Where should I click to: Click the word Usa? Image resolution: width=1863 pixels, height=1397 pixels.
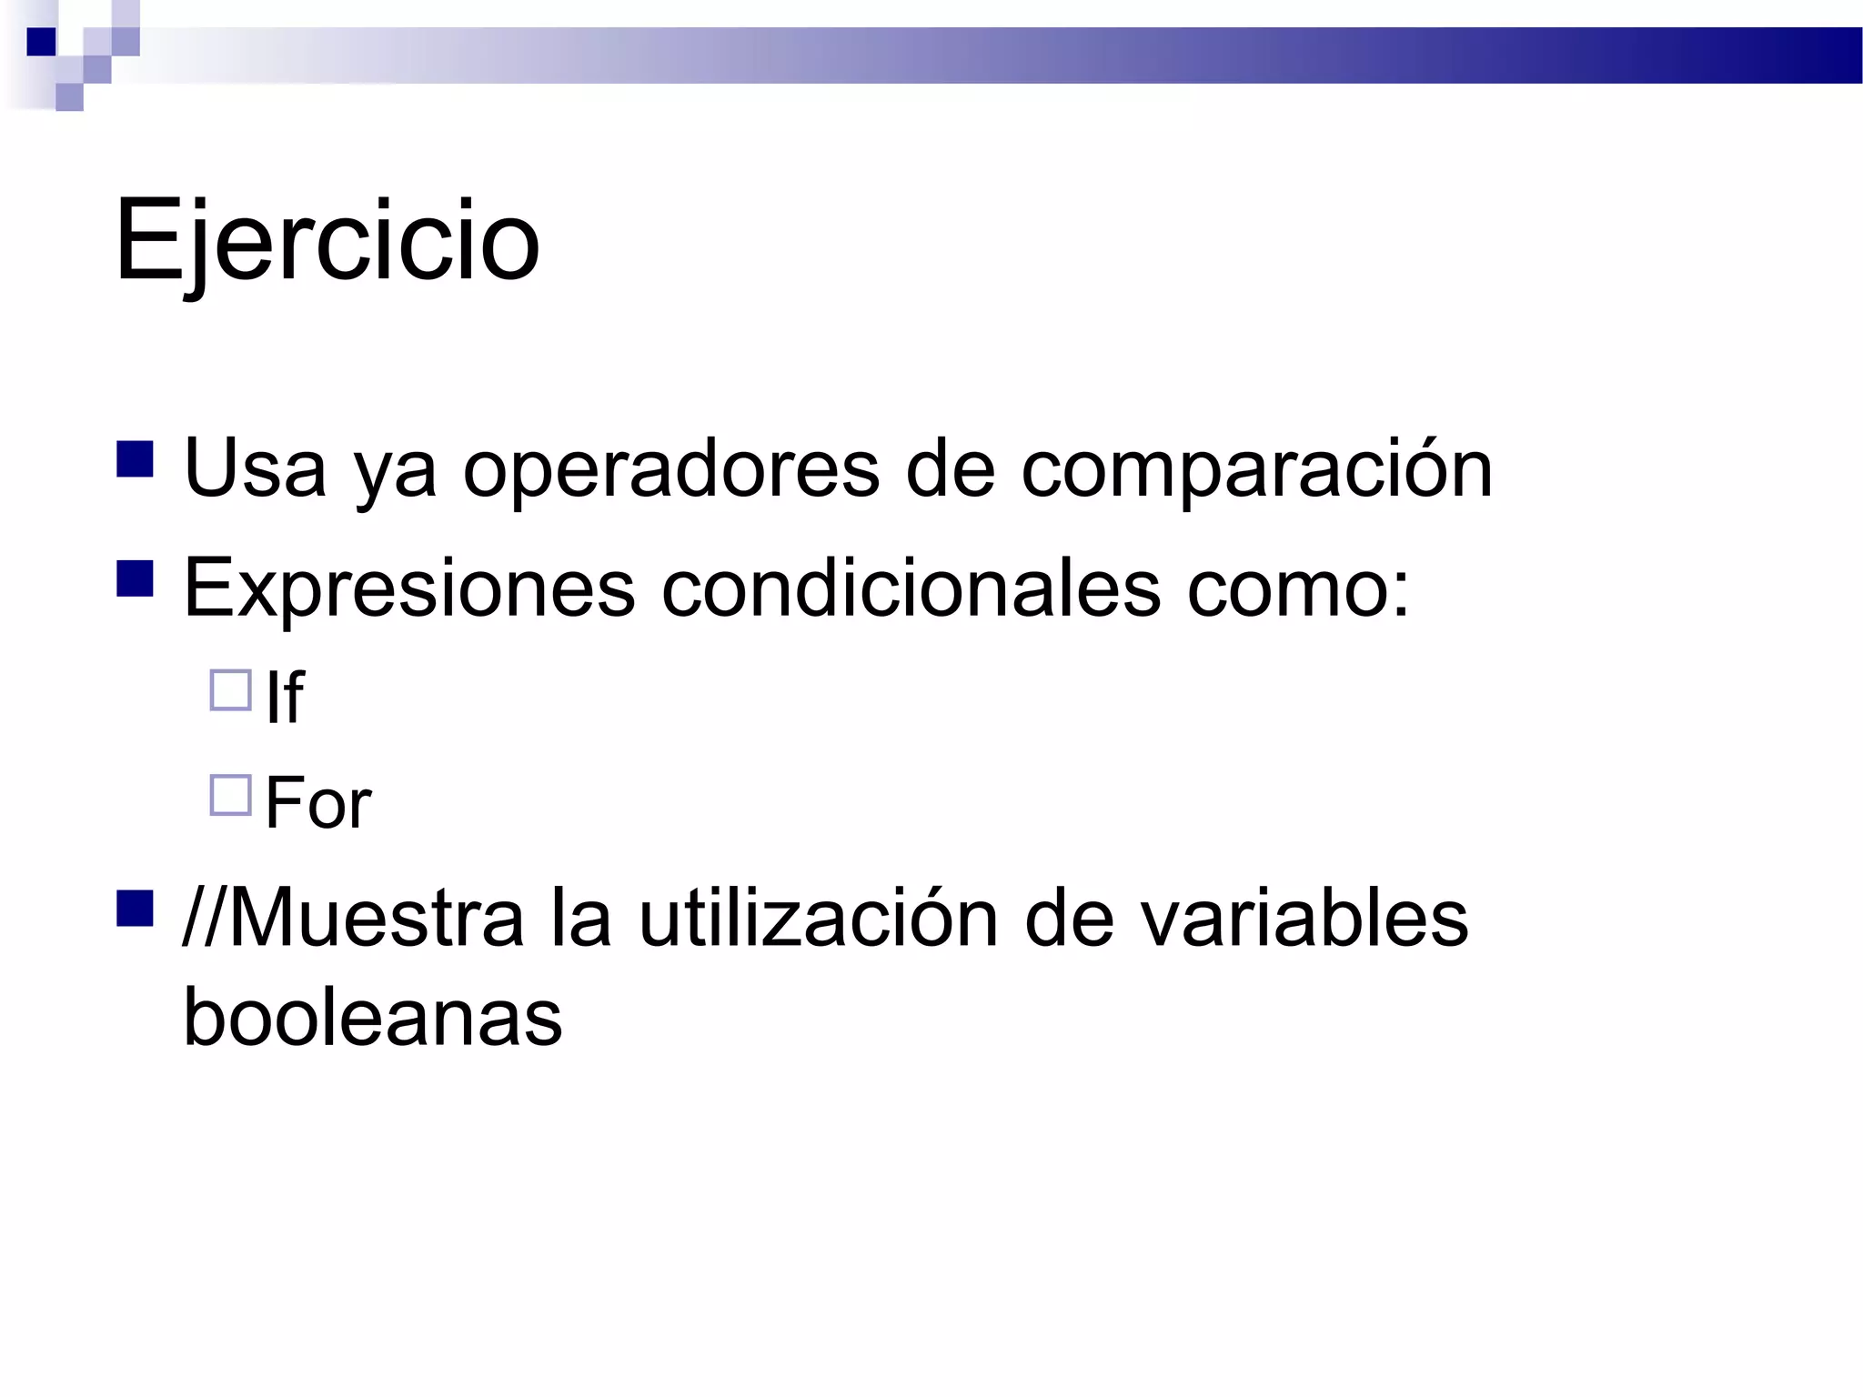click(255, 469)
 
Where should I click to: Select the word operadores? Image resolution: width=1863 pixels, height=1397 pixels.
click(671, 469)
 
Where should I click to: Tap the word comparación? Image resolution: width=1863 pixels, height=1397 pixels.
click(1256, 469)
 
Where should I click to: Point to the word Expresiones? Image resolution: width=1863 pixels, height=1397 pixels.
click(409, 588)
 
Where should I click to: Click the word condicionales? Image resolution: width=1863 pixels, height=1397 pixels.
click(911, 588)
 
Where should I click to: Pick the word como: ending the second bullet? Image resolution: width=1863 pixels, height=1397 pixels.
click(1298, 588)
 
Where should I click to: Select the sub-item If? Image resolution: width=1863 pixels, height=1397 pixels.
click(284, 698)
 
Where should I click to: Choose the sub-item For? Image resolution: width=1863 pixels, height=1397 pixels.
click(318, 803)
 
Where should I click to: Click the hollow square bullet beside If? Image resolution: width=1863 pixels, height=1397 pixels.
click(231, 690)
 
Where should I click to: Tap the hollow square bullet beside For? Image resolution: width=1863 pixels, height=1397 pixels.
click(231, 796)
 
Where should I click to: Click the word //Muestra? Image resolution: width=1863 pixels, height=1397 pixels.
click(354, 919)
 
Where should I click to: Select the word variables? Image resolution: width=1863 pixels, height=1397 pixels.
click(1304, 919)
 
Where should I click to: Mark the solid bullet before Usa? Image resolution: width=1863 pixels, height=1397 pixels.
click(135, 459)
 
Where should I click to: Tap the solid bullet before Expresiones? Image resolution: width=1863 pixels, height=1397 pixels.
click(135, 578)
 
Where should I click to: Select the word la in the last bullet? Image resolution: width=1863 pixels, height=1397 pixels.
click(580, 919)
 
